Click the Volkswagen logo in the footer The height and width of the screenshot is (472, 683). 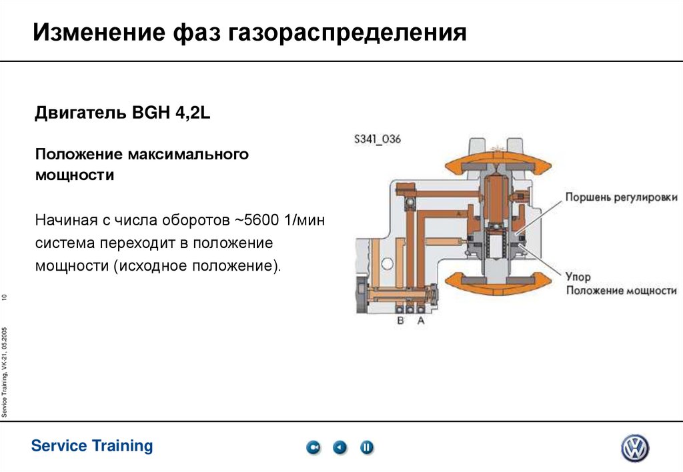[634, 448]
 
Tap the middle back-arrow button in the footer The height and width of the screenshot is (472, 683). [340, 447]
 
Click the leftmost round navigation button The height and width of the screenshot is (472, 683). [313, 447]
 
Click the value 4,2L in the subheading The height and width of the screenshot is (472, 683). [193, 114]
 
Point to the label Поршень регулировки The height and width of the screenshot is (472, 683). [621, 197]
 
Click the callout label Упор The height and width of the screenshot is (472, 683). [578, 276]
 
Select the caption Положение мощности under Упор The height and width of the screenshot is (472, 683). [621, 291]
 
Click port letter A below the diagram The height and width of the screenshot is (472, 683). [420, 321]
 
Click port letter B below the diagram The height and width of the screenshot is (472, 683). [401, 321]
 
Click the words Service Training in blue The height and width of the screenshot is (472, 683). [92, 446]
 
